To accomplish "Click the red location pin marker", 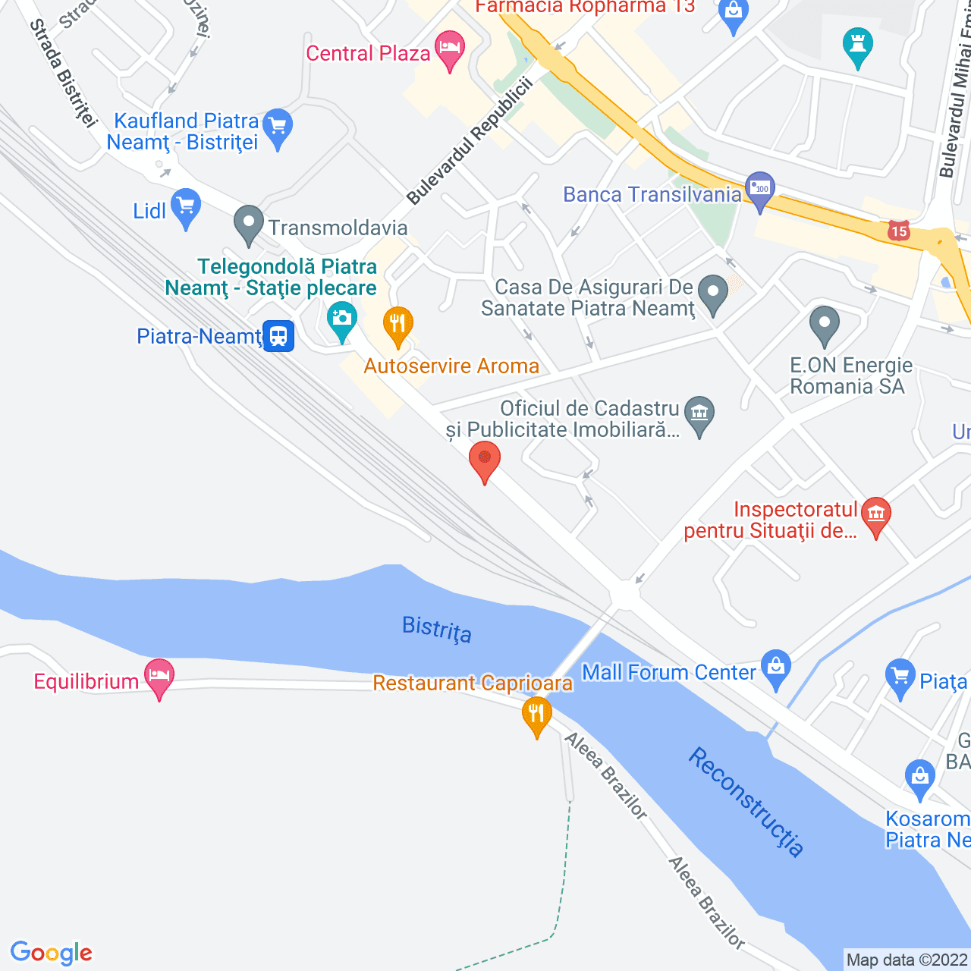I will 484,460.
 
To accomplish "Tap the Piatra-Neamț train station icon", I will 278,335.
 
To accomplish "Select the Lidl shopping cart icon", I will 186,206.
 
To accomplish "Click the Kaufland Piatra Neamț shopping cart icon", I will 278,126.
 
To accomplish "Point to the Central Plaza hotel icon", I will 450,49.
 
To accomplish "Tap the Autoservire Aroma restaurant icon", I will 398,325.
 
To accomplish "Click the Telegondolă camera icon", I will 342,319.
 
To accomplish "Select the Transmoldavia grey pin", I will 248,224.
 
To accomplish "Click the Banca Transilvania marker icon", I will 759,190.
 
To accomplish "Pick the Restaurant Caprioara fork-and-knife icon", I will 536,714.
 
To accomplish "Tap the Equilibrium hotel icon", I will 159,677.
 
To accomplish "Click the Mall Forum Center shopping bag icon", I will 775,668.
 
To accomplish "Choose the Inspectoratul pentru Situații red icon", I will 875,515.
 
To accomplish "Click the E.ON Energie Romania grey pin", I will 824,324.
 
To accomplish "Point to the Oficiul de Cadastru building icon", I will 699,414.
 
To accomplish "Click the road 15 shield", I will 899,231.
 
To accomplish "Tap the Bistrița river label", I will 437,629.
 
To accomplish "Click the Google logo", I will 52,953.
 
